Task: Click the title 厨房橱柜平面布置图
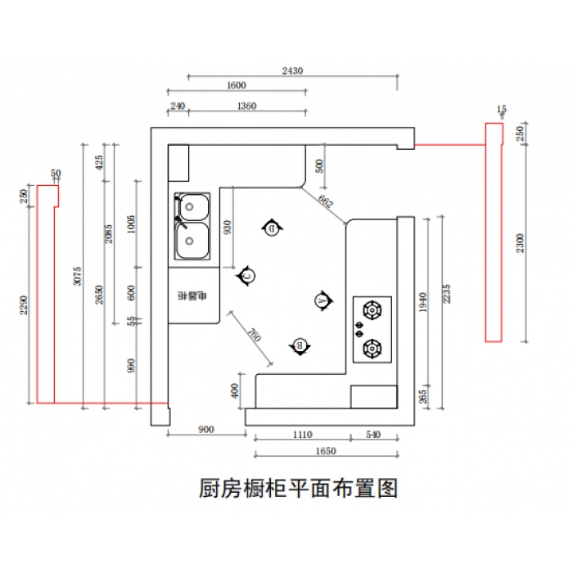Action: click(298, 489)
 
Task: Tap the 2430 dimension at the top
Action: click(292, 71)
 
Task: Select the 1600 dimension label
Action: click(236, 85)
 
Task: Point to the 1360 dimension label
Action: click(246, 106)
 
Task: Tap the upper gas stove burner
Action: click(372, 310)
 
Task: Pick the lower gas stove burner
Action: click(372, 349)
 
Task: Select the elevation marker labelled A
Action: click(323, 301)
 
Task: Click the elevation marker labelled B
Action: click(300, 346)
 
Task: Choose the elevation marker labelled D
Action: click(273, 228)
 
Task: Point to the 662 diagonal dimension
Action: click(326, 201)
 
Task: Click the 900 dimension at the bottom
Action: click(206, 430)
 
